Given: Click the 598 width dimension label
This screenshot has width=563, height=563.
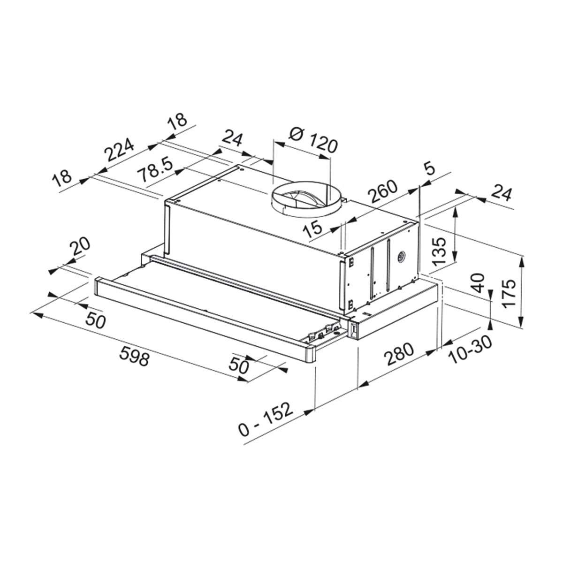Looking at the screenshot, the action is click(134, 355).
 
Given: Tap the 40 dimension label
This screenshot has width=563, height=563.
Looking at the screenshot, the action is click(478, 283).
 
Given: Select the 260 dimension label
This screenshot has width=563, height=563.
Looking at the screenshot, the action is click(383, 191).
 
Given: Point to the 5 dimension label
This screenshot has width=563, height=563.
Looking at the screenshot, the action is click(430, 169).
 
